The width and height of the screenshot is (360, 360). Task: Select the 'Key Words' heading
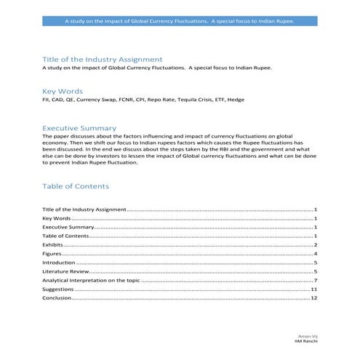pyautogui.click(x=62, y=91)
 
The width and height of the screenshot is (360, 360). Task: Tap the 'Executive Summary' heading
pyautogui.click(x=79, y=127)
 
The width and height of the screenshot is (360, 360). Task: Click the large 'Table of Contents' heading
pyautogui.click(x=76, y=186)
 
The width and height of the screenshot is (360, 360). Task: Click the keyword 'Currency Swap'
pyautogui.click(x=97, y=99)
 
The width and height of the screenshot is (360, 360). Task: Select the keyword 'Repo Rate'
pyautogui.click(x=161, y=99)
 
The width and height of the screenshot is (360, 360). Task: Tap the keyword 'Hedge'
pyautogui.click(x=236, y=99)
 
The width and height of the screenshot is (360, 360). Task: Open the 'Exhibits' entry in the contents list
pyautogui.click(x=52, y=245)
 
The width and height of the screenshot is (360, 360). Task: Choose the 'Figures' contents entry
pyautogui.click(x=52, y=254)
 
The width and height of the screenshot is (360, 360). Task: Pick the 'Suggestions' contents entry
pyautogui.click(x=58, y=289)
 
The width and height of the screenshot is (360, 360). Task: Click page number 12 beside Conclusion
pyautogui.click(x=314, y=297)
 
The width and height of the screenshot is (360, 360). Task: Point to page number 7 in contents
pyautogui.click(x=316, y=280)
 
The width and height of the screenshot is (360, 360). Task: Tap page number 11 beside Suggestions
pyautogui.click(x=314, y=289)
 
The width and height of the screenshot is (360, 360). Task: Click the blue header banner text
pyautogui.click(x=180, y=21)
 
